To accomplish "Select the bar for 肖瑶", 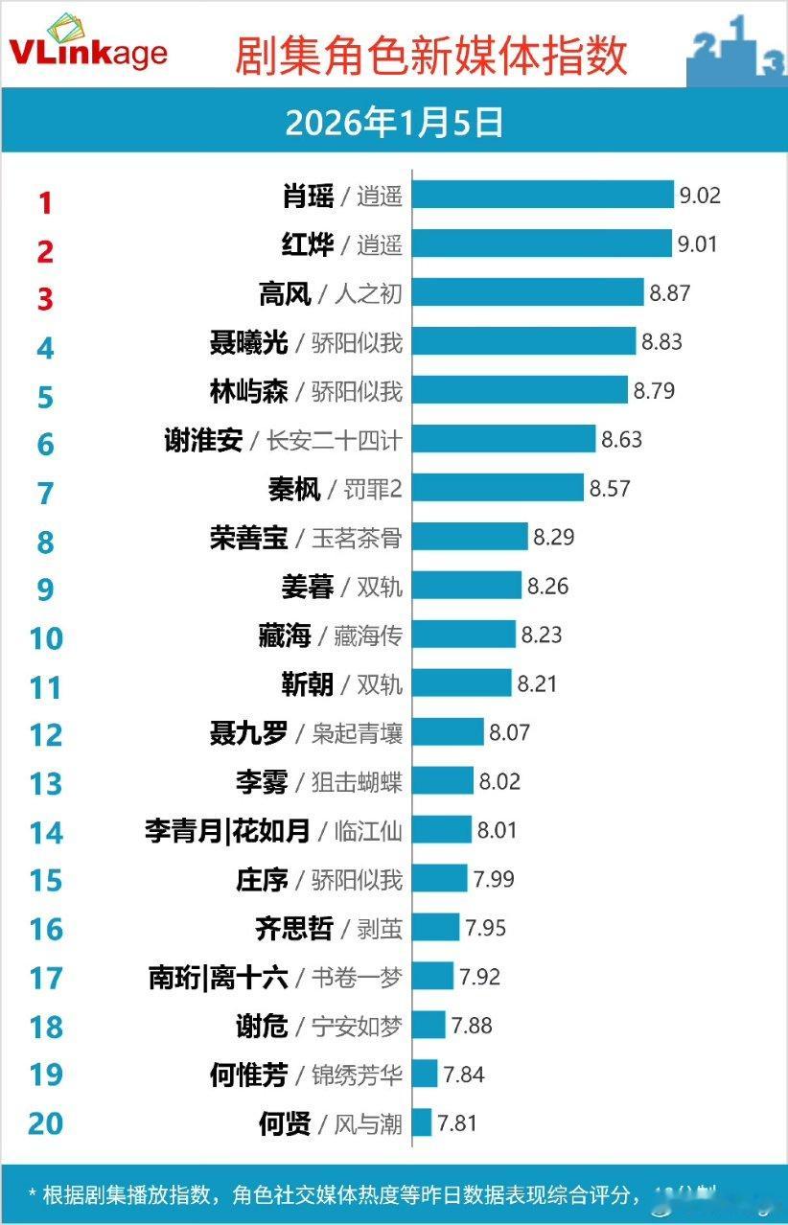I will click(544, 195).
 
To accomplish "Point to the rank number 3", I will click(45, 299).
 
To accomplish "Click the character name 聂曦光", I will click(248, 341).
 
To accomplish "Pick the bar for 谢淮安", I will click(504, 439).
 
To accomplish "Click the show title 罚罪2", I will click(373, 489).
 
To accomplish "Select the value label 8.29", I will click(554, 537).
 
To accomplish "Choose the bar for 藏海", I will click(464, 634).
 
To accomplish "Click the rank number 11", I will click(45, 686).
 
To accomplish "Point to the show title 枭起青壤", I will click(357, 733).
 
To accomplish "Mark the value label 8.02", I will click(499, 780).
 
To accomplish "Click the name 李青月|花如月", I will click(227, 830).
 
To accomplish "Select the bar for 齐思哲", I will click(436, 927).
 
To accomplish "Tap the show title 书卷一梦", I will click(357, 977).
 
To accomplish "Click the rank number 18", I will click(45, 1027).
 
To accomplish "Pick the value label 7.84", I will click(464, 1074).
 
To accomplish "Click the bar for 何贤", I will click(422, 1121).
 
